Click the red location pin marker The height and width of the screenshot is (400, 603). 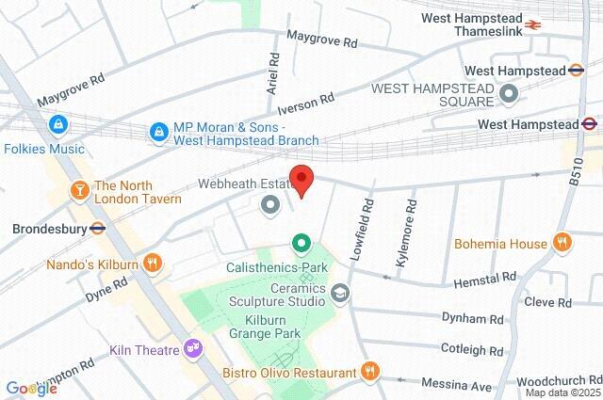click(x=301, y=179)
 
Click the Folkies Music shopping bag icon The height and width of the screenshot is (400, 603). click(x=59, y=123)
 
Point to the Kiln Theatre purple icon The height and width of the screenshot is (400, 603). click(x=194, y=350)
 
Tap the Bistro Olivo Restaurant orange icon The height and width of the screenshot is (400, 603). click(x=371, y=372)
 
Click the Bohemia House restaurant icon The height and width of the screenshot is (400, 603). click(x=562, y=243)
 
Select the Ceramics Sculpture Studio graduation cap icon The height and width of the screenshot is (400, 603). click(x=340, y=295)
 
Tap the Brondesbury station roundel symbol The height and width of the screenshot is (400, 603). click(x=96, y=228)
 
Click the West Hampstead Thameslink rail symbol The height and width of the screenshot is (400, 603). click(x=534, y=25)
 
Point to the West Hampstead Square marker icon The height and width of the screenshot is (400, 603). click(x=509, y=94)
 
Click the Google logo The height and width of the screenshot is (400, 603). click(x=31, y=389)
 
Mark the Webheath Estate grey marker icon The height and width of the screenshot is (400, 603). click(x=270, y=203)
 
